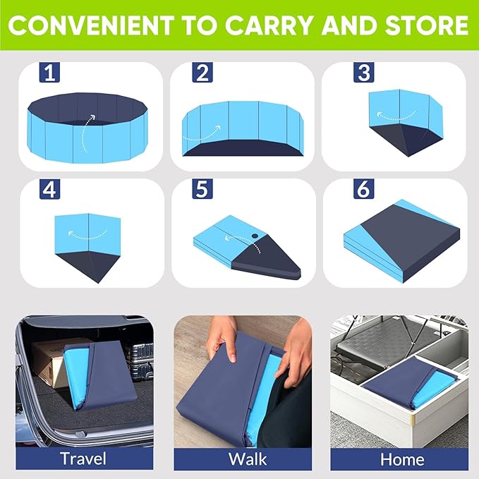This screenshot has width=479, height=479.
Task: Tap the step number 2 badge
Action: tap(202, 73)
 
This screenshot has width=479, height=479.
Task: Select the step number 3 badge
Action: tap(364, 73)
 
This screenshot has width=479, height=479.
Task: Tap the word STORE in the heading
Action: tap(427, 26)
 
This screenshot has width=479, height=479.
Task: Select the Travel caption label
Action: tap(83, 458)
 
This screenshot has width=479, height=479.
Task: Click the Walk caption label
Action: tap(247, 458)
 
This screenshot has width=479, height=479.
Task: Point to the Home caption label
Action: tap(402, 458)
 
